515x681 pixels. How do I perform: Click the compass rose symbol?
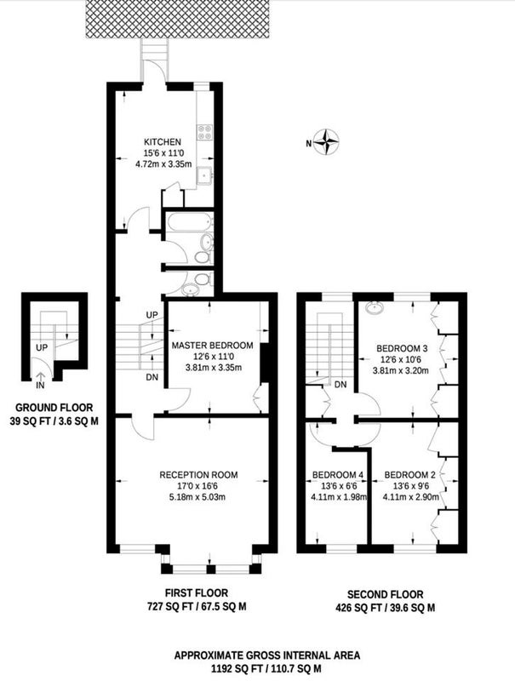coord(326,142)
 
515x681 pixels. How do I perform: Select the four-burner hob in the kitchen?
coord(205,132)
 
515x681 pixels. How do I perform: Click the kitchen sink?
coord(204,175)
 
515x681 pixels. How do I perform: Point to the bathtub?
coord(190,222)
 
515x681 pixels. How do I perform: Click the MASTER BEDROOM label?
coord(212,346)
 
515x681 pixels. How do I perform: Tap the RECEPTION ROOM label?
coord(198,475)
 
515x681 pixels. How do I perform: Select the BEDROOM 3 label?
coord(402,348)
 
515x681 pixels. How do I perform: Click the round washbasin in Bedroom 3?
coord(374,307)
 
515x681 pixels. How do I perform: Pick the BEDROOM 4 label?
coord(338,475)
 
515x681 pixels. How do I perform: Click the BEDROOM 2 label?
coord(409,475)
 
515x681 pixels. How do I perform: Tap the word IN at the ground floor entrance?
coord(40,386)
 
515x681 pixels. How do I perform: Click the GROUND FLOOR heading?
coord(54,408)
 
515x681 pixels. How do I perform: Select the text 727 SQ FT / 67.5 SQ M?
coord(197,607)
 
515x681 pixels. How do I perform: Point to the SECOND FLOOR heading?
coord(385,594)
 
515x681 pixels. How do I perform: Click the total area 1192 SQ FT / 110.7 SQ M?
coord(266,668)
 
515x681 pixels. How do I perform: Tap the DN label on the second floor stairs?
coord(340,385)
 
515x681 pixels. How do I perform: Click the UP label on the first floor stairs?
coord(152,314)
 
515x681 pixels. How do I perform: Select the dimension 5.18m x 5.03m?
coord(197,497)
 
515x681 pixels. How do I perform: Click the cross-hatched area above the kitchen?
coord(179,19)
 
